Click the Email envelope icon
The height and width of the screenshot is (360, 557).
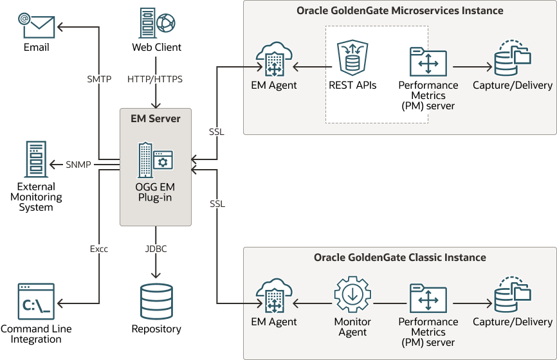tap(36, 25)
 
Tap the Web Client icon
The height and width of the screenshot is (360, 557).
tap(156, 24)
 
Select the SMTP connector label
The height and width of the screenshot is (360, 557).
tap(99, 80)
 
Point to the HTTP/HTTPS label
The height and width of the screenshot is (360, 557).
tap(155, 80)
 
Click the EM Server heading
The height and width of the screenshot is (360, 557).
tap(155, 118)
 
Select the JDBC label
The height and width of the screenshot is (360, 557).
tap(155, 249)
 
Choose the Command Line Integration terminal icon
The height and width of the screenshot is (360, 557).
tap(36, 301)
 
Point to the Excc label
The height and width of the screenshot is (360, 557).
tap(99, 249)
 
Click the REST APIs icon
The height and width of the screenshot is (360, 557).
tap(352, 59)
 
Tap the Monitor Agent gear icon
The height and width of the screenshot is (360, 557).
tap(352, 296)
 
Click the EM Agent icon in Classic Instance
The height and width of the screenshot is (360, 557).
tap(274, 296)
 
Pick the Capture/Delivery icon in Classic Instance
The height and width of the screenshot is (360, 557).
tap(513, 296)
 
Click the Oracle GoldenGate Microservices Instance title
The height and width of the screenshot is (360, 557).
tap(399, 11)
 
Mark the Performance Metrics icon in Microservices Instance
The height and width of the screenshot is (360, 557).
tap(428, 62)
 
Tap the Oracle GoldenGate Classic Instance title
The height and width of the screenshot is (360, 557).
tap(399, 258)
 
